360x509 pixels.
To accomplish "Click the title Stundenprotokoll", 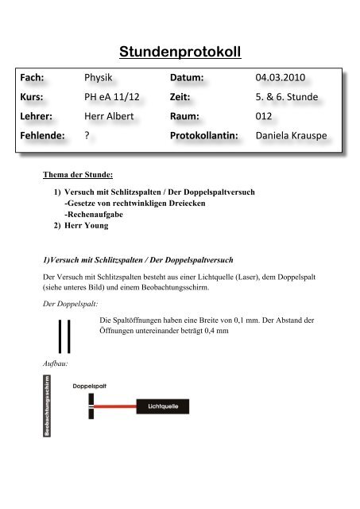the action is click(x=180, y=53).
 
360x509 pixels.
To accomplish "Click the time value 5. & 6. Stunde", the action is click(x=292, y=98).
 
